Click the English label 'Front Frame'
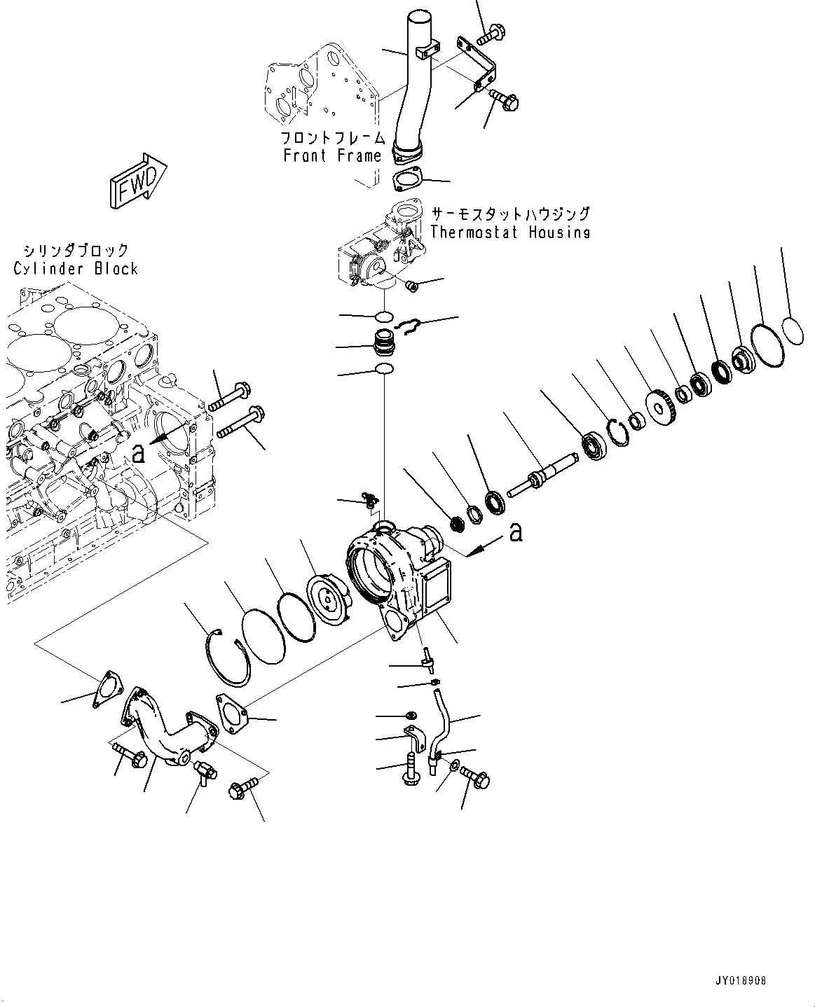coord(332,155)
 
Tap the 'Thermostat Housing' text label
coord(509,232)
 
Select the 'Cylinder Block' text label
coord(76,268)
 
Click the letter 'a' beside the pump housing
coord(516,534)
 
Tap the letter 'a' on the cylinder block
coord(139,454)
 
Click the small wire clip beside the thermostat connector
coord(409,324)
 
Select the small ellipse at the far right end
coord(793,331)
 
